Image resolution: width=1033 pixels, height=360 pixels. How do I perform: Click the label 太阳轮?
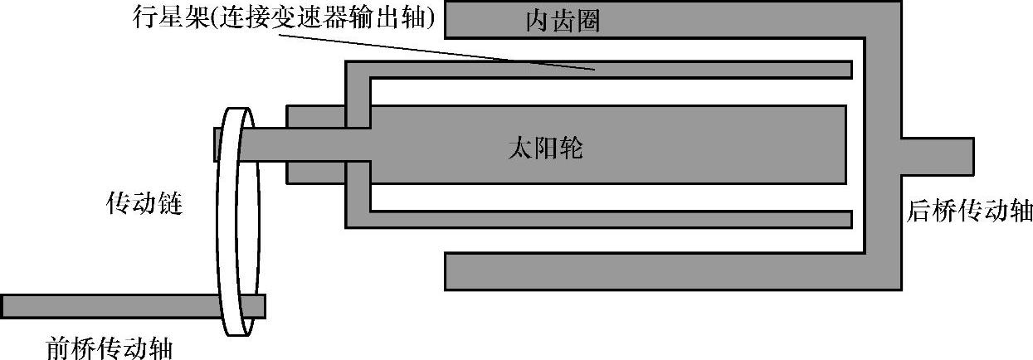pos(544,148)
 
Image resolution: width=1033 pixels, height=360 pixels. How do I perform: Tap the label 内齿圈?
pos(563,22)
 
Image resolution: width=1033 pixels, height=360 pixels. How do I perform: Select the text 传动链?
pos(144,203)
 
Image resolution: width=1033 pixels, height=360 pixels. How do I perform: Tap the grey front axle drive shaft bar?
pos(108,306)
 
